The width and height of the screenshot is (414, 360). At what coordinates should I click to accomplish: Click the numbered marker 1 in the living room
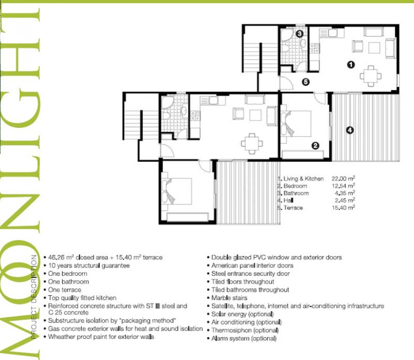click(351, 65)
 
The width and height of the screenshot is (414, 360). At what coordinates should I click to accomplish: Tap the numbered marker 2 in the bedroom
click(315, 145)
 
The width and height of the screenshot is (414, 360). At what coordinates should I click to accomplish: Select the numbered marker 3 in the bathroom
click(300, 34)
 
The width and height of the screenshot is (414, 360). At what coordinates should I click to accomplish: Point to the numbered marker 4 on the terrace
click(350, 130)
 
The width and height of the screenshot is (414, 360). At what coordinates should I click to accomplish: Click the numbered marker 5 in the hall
click(305, 82)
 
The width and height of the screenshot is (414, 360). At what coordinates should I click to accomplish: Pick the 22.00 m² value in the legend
click(343, 178)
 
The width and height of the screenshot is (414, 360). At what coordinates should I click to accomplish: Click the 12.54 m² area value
click(343, 186)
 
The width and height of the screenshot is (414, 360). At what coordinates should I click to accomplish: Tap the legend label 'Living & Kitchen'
click(303, 178)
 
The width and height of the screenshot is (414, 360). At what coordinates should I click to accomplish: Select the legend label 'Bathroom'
click(296, 193)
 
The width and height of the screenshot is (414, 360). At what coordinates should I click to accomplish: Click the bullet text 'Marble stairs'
click(229, 298)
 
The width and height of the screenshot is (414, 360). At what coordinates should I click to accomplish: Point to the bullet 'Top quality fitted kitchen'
click(82, 298)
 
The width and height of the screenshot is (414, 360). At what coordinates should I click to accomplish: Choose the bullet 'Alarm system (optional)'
click(244, 338)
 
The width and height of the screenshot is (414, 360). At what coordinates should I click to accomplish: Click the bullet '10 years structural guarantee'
click(88, 265)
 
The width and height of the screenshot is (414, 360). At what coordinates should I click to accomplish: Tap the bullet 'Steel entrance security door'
click(250, 274)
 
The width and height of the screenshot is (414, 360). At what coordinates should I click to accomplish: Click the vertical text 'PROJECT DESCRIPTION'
click(34, 297)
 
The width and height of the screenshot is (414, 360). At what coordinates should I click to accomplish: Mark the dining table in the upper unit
click(371, 76)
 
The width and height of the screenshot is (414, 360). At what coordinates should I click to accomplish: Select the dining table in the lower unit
click(252, 144)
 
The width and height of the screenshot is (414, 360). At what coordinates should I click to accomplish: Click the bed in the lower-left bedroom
click(176, 191)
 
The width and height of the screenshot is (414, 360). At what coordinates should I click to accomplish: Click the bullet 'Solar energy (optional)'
click(242, 314)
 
